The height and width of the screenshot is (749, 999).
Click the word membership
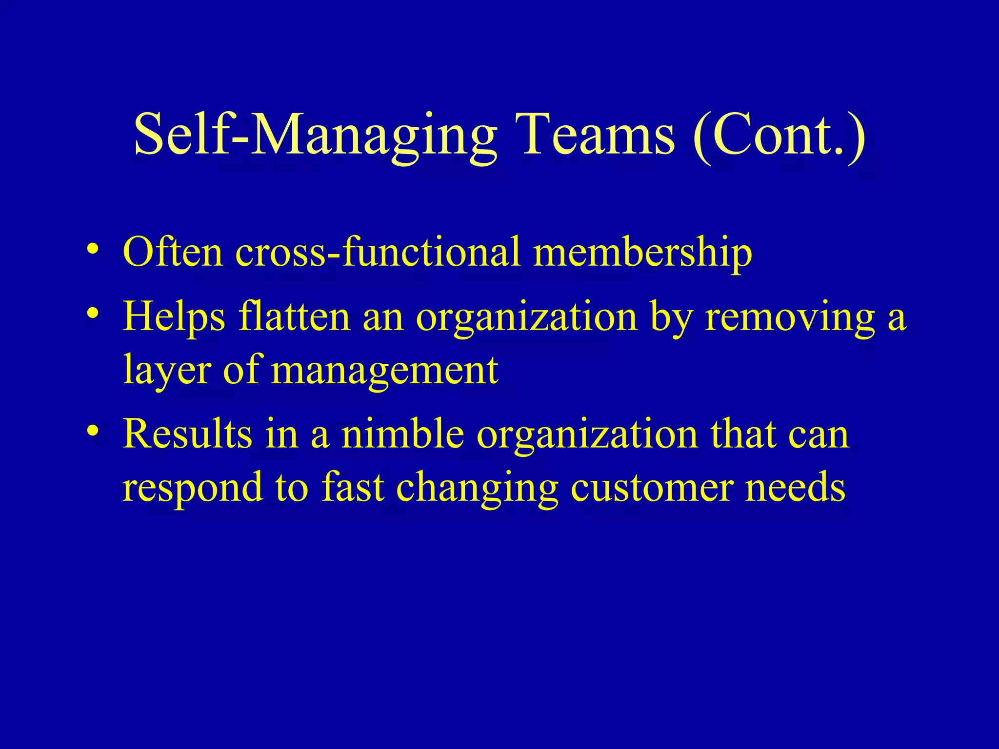click(642, 252)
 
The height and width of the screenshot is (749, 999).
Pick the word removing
click(790, 317)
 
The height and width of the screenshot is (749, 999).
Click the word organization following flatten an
click(526, 317)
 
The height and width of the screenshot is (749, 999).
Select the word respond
click(192, 487)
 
